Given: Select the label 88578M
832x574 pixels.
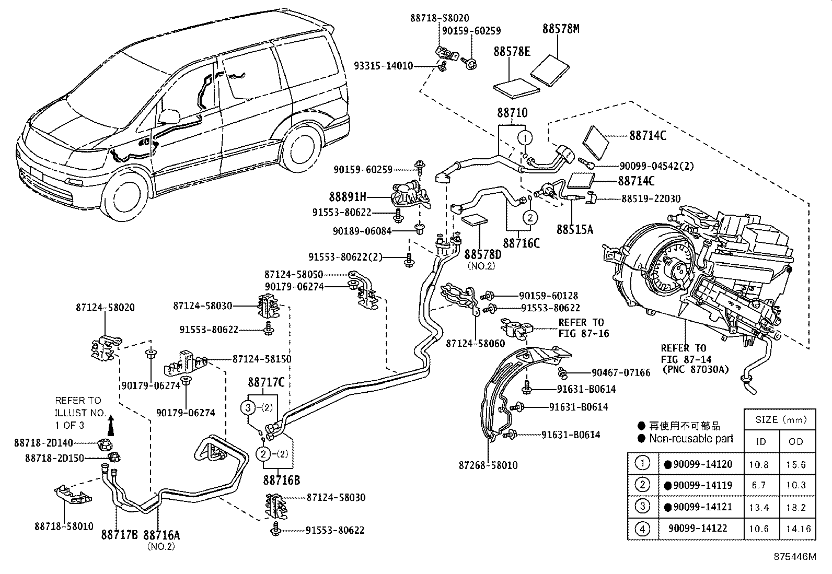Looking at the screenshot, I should point(561,29).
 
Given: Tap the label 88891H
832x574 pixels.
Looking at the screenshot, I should point(348,197).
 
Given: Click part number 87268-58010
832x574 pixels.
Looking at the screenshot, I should point(488,465).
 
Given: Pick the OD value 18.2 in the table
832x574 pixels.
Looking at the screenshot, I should point(795,507).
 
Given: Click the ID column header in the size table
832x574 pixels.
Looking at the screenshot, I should point(761,441).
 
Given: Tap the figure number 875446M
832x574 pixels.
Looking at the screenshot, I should point(794,556).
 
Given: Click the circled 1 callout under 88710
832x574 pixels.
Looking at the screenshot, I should point(525,138).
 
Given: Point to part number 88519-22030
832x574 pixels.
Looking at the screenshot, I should point(651,198).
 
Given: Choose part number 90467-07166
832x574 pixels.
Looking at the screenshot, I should point(621,373).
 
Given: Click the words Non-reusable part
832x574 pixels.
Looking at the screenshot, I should point(691,439).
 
